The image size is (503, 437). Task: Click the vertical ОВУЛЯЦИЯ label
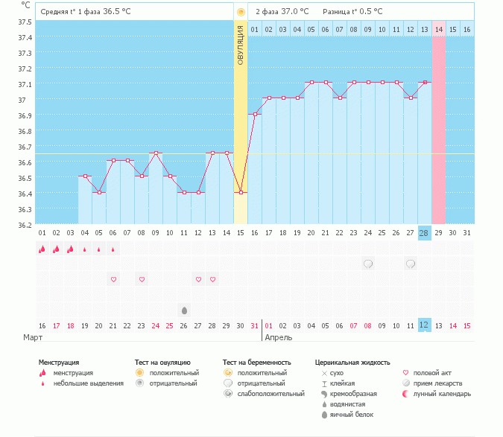(241, 45)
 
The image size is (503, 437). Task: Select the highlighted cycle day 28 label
(424, 233)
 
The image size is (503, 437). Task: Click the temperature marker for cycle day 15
(240, 192)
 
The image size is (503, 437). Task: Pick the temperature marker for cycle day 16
(255, 114)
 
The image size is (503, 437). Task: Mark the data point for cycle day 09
(156, 153)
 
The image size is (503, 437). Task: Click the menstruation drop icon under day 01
(42, 249)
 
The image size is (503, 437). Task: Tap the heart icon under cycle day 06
(113, 279)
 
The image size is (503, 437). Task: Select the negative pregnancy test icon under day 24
(367, 264)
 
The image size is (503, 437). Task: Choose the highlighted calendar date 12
(424, 325)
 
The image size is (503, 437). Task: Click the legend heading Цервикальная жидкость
(352, 363)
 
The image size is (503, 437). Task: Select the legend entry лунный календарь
(439, 393)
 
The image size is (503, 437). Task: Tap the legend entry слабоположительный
(262, 393)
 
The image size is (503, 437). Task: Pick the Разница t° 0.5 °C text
(352, 12)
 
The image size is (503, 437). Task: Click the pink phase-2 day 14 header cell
(438, 29)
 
